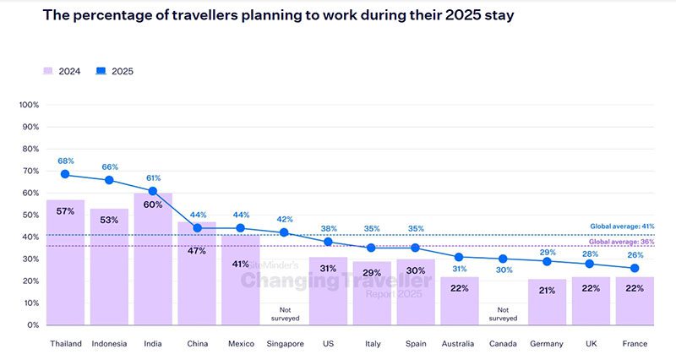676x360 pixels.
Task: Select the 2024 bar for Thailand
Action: point(65,262)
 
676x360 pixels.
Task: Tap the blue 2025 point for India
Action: point(153,191)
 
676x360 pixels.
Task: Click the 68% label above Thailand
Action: point(65,161)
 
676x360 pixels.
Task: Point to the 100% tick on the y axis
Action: point(29,105)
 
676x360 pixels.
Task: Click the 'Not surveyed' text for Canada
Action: point(504,314)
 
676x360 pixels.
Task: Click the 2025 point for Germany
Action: point(547,261)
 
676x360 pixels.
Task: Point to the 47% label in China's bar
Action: point(197,250)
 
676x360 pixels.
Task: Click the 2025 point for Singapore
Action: point(284,232)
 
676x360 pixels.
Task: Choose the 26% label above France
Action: point(635,255)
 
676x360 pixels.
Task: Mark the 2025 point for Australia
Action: point(460,257)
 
